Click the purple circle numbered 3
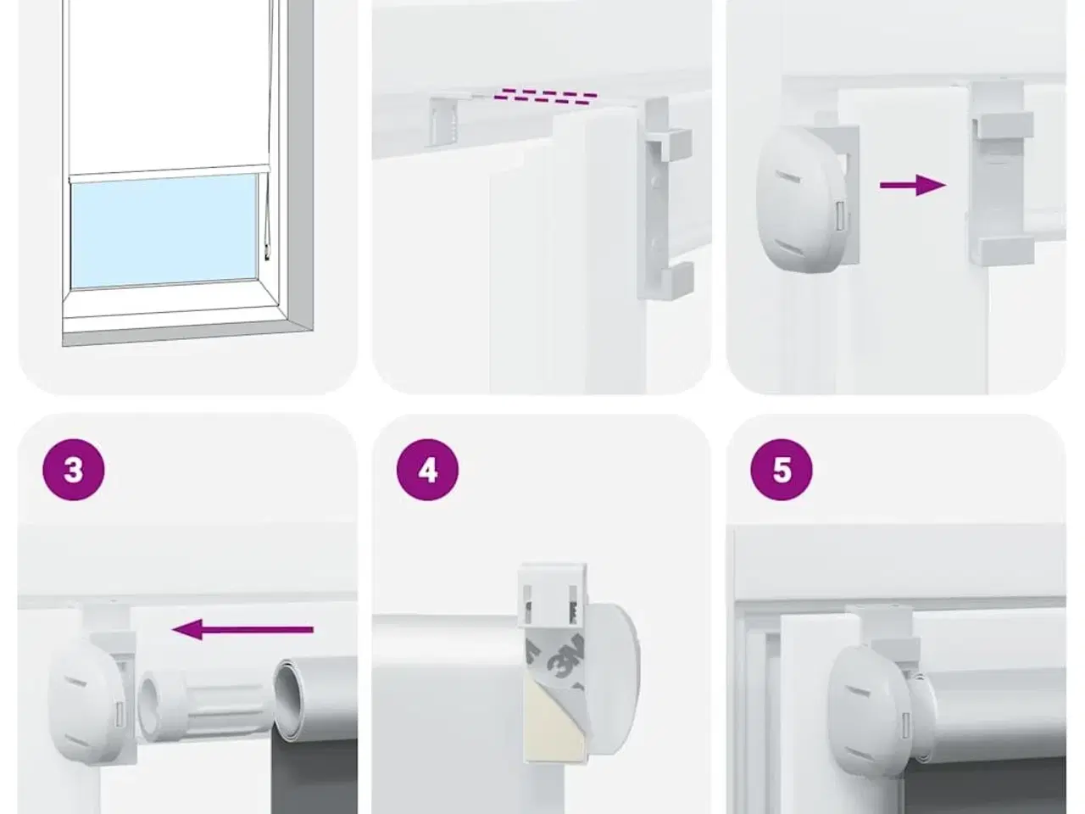[74, 470]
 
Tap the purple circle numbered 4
[427, 470]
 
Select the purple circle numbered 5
[782, 470]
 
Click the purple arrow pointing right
[912, 186]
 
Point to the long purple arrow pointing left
[242, 629]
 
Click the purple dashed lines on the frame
[545, 97]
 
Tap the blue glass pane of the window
[164, 231]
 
